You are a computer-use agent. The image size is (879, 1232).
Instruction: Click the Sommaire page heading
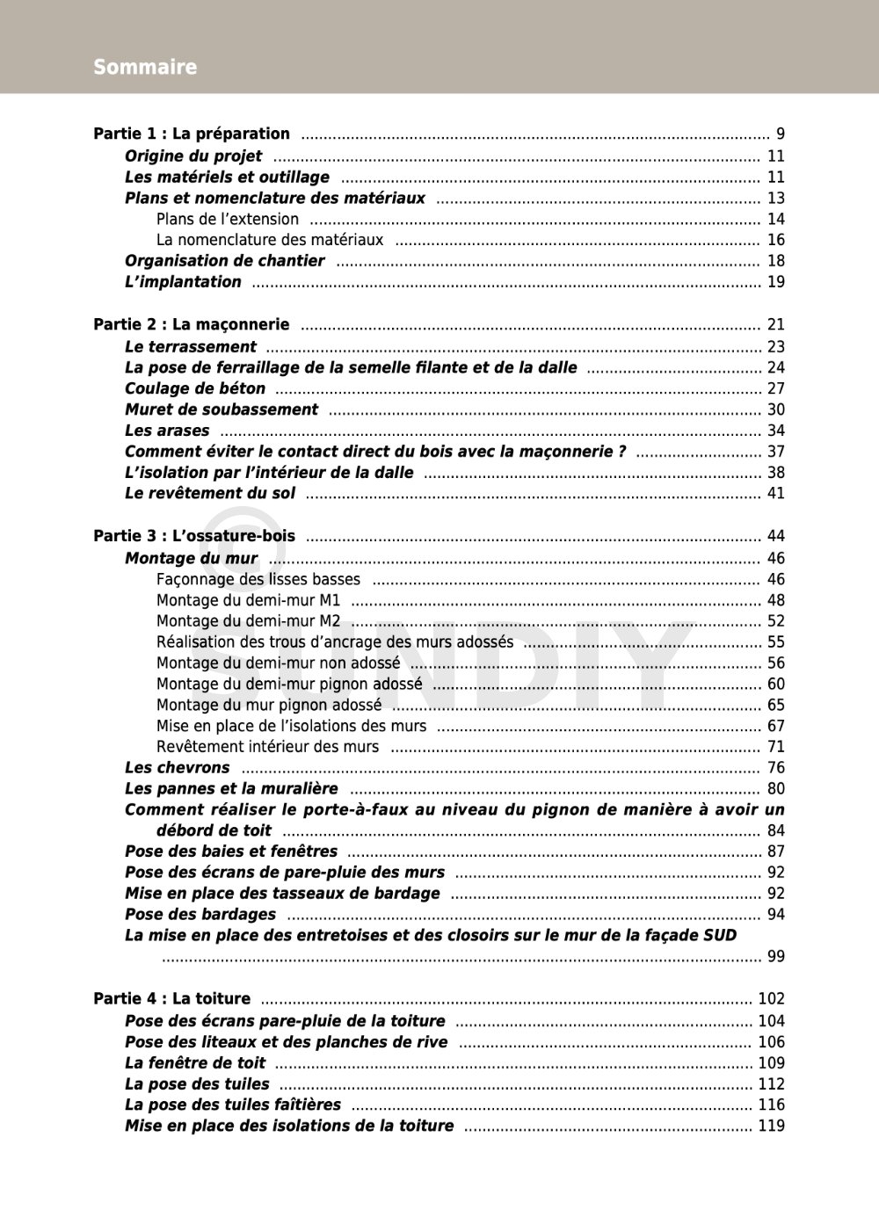tap(145, 67)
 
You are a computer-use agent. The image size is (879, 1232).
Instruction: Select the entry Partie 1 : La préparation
tap(192, 134)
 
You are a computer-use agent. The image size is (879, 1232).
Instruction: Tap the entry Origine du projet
tap(193, 156)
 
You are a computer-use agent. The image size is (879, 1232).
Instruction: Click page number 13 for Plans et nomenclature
tap(775, 199)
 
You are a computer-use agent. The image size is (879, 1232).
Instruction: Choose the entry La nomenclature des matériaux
tap(270, 240)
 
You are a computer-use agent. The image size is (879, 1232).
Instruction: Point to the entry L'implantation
tap(183, 282)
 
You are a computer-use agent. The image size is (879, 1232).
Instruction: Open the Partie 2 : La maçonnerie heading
tap(192, 325)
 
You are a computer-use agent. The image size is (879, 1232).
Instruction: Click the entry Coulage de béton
tap(195, 388)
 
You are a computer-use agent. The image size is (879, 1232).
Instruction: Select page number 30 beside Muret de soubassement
tap(775, 409)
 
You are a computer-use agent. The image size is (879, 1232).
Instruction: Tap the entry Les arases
tap(167, 431)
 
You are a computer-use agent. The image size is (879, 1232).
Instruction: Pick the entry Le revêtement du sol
tap(210, 494)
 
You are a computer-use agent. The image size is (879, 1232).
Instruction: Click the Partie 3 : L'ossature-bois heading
tap(194, 536)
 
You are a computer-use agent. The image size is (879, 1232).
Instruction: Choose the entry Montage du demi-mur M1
tap(248, 601)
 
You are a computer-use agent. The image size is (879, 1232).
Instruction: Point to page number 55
tap(775, 642)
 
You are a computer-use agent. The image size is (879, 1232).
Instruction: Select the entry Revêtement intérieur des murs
tap(267, 747)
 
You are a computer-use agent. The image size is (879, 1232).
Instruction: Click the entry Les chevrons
tap(177, 768)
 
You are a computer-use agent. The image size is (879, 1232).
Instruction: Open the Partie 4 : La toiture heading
tap(172, 999)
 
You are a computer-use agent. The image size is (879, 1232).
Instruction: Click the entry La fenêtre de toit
tap(195, 1063)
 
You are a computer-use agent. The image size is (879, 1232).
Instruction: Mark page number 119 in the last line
tap(771, 1127)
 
